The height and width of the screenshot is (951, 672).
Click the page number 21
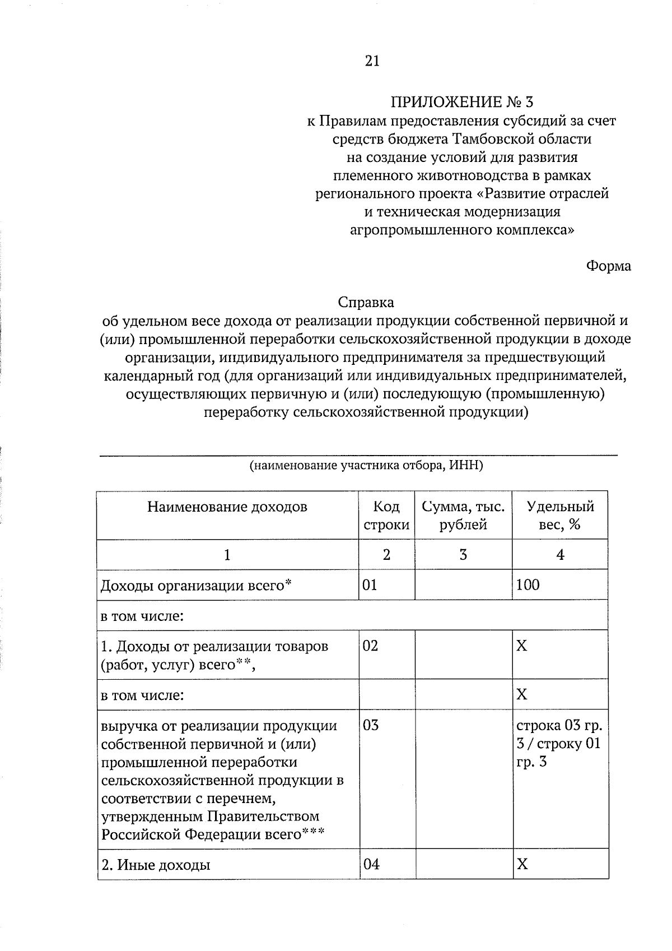(372, 61)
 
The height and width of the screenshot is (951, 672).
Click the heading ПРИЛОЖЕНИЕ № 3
(462, 102)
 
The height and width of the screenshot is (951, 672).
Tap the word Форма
(608, 266)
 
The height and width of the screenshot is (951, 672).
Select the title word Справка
(366, 303)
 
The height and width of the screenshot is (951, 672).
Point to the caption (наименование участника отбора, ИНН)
(366, 466)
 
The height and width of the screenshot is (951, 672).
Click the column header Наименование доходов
(227, 507)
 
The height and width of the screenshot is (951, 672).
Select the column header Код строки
(386, 516)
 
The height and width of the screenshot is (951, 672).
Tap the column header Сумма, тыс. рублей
(463, 516)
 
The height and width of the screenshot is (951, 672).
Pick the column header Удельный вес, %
(560, 516)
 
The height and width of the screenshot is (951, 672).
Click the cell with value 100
(528, 585)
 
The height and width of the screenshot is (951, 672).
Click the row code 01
(370, 585)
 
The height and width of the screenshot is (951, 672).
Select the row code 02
(370, 646)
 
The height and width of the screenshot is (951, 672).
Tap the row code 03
(371, 725)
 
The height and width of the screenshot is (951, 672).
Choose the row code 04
(371, 864)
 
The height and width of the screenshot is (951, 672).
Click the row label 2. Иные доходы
(156, 865)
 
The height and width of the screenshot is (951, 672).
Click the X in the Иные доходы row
(522, 864)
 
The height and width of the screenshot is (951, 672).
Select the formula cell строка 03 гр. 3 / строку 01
(559, 743)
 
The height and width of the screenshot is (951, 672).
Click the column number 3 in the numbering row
(463, 555)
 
